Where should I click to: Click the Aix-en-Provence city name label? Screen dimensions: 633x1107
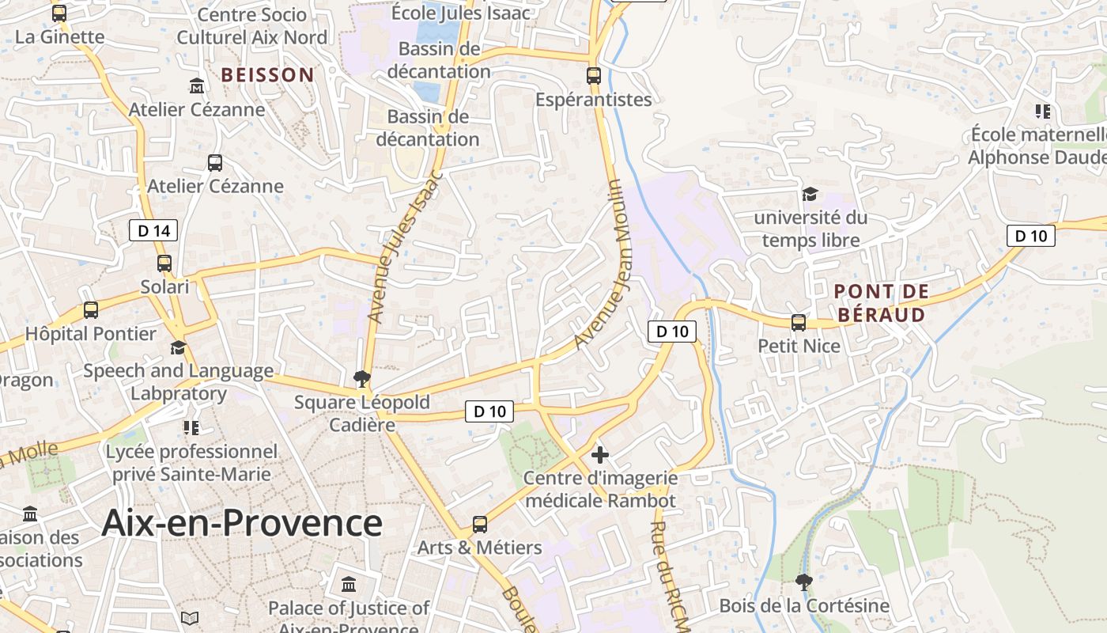coord(242,523)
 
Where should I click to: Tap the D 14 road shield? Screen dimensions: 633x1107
coord(153,230)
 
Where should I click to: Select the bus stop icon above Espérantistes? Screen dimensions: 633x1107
coord(593,76)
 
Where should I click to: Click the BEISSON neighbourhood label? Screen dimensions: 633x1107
coord(267,75)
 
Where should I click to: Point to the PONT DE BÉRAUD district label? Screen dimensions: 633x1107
coord(881,303)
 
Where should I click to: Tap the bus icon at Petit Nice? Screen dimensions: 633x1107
coord(799,322)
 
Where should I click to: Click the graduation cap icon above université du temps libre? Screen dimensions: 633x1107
coord(810,194)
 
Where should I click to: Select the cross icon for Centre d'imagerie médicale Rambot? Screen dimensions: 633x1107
coord(600,454)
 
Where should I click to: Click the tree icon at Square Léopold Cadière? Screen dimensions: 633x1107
coord(362,377)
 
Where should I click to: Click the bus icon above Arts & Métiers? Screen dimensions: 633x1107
coord(479,524)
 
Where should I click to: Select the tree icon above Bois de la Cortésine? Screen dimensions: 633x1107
coord(804,582)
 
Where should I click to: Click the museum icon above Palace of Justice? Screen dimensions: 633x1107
coord(348,585)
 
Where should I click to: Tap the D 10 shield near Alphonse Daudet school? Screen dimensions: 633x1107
coord(1031,235)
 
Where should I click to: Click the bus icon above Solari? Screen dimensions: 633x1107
coord(164,263)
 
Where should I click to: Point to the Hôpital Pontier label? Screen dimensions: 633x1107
coord(91,333)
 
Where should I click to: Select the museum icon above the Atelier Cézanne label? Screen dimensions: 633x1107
coord(197,85)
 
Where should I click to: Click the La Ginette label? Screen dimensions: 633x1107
coord(60,36)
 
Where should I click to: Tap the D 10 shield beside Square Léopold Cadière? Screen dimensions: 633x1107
coord(489,411)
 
